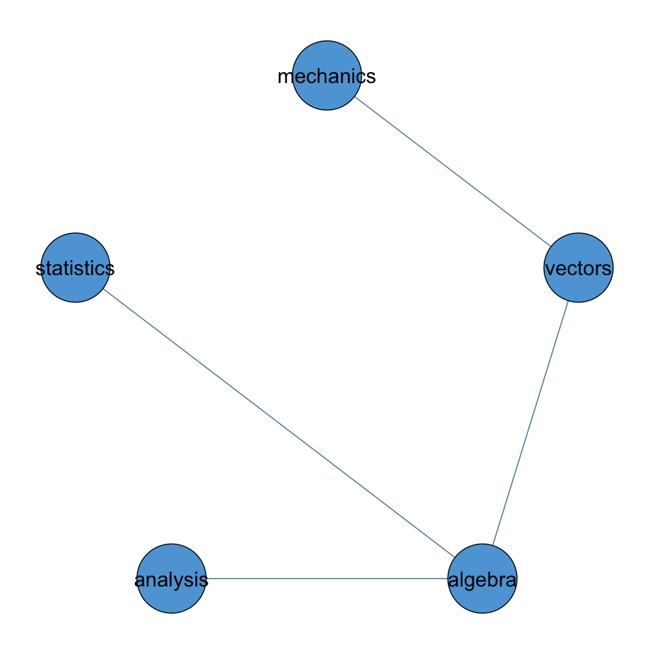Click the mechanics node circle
pos(326,75)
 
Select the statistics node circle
pos(75,267)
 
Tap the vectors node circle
pos(579,267)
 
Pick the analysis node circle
pos(171,579)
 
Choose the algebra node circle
pos(482,579)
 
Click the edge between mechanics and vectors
pos(453,171)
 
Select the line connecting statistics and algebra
pos(278,423)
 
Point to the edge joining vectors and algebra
pos(530,423)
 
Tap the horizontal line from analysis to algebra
pos(326,579)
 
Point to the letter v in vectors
pos(551,269)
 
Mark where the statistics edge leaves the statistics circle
pos(103,289)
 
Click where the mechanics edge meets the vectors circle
pos(551,247)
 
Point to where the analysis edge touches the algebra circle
pos(447,579)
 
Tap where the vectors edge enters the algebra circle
pos(492,545)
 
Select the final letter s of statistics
pos(110,269)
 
